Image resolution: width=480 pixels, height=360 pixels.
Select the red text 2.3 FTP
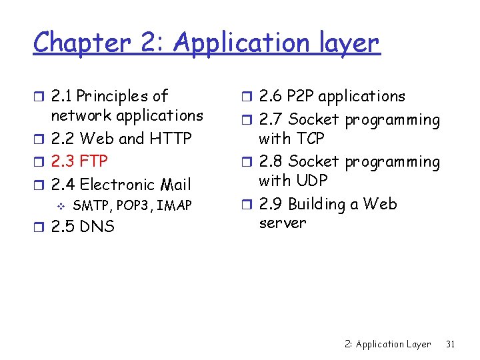pyautogui.click(x=79, y=161)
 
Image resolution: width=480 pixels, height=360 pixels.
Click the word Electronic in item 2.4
pyautogui.click(x=115, y=185)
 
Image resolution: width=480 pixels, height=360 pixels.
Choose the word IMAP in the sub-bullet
pyautogui.click(x=175, y=205)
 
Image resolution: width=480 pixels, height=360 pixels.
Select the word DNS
pyautogui.click(x=97, y=227)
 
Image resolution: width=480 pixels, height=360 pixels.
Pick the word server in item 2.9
pyautogui.click(x=282, y=223)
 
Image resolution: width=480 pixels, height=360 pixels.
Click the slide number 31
pyautogui.click(x=450, y=345)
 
